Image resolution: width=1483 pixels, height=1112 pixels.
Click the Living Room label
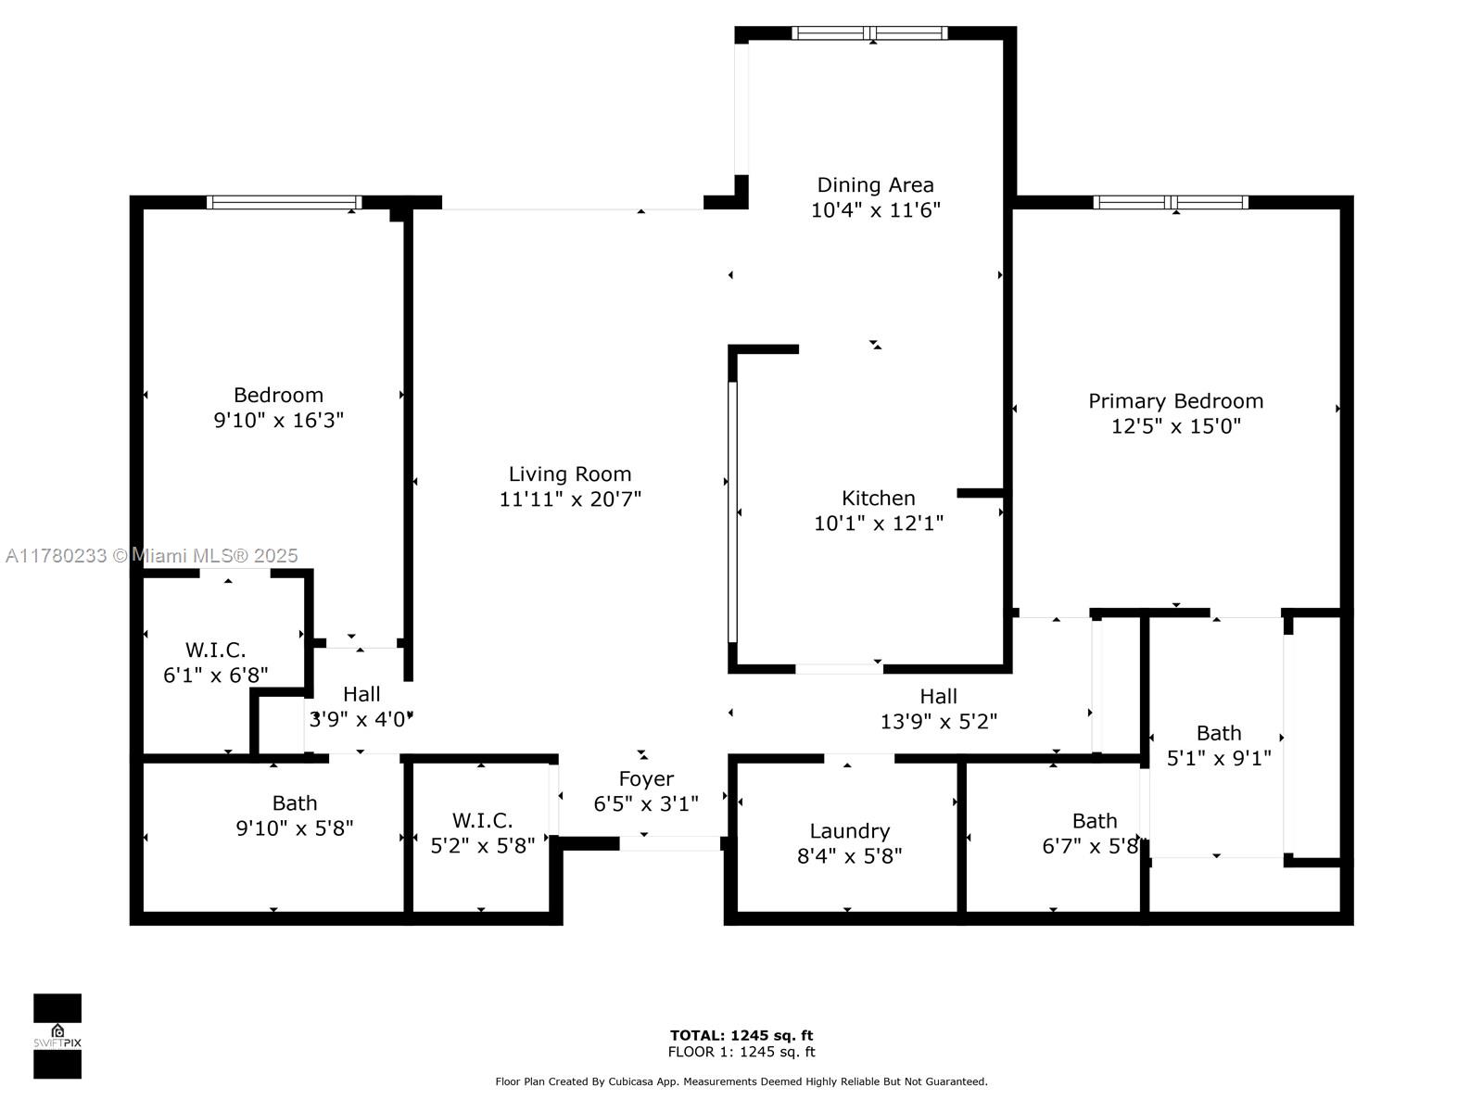pos(569,474)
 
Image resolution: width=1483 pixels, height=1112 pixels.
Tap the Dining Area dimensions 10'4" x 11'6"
pos(875,210)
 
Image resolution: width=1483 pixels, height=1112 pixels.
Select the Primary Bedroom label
pos(1175,401)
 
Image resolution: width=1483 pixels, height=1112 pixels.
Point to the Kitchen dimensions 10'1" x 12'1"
pos(879,524)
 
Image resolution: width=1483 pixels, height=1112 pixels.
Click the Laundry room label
pos(849,831)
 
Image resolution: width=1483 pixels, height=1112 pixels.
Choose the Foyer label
pos(646,779)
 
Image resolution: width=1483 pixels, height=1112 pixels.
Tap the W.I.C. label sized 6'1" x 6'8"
pos(216,651)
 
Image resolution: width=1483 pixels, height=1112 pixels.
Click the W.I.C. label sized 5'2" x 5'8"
pos(482,820)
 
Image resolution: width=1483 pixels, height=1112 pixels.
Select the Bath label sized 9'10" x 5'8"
pos(295,802)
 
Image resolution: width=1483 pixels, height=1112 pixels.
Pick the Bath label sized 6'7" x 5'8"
pos(1095,821)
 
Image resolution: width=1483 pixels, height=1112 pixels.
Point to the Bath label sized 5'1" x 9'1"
pos(1219,733)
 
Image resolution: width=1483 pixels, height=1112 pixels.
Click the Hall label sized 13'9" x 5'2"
pos(938,696)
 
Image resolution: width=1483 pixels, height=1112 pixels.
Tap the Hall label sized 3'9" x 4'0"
pos(361,694)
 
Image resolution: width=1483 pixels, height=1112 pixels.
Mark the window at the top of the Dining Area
pos(869,33)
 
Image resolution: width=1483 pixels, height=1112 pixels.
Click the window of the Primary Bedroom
pos(1171,202)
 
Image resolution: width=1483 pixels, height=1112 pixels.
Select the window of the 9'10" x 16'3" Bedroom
pos(284,202)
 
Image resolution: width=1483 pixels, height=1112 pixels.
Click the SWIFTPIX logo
pos(57,1036)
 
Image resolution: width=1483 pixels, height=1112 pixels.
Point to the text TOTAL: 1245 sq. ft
pos(741,1036)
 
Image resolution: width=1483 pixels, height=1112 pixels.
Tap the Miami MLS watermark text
pos(151,556)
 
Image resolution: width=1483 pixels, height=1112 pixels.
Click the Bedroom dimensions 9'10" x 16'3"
pos(278,421)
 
